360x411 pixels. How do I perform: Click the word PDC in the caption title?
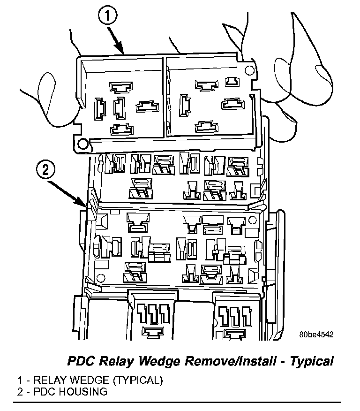click(x=81, y=361)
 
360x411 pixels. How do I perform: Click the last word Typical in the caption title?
click(x=312, y=361)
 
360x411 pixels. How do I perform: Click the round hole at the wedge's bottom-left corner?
click(x=83, y=143)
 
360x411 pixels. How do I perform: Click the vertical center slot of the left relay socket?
click(x=119, y=107)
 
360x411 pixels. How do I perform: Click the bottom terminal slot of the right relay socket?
click(x=207, y=127)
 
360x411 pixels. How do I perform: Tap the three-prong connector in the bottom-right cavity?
click(x=232, y=313)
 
